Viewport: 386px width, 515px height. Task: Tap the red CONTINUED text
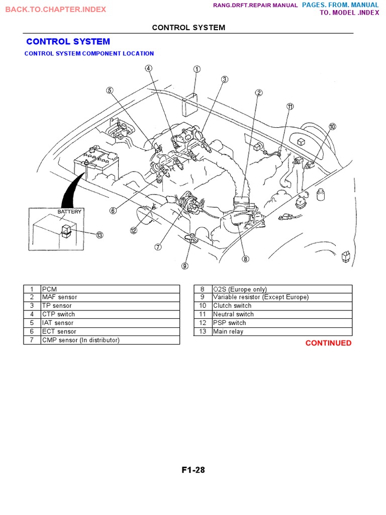[x=329, y=343]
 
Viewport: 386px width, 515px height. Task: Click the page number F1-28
[x=193, y=471]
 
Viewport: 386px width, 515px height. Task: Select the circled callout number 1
[x=197, y=69]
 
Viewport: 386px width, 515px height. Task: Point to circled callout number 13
[x=100, y=235]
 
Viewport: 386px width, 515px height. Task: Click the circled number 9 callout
[x=185, y=266]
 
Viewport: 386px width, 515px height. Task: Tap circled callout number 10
[x=332, y=127]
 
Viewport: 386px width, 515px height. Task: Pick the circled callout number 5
[x=110, y=90]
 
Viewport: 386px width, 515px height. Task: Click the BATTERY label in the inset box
[x=69, y=212]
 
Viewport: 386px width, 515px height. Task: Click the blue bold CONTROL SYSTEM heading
[x=68, y=42]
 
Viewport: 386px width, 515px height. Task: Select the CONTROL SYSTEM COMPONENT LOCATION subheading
[x=89, y=53]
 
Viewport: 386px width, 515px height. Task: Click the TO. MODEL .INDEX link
[x=349, y=13]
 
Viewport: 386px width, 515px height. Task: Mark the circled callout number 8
[x=245, y=259]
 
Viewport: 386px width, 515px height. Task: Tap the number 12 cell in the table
[x=203, y=323]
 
